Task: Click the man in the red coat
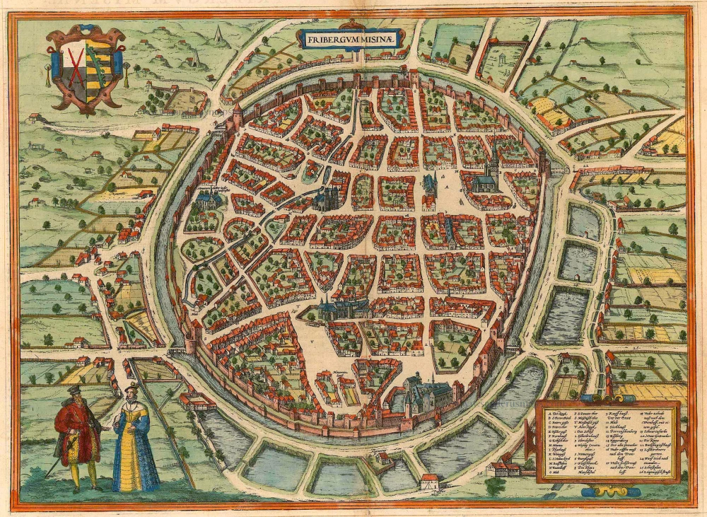79,436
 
